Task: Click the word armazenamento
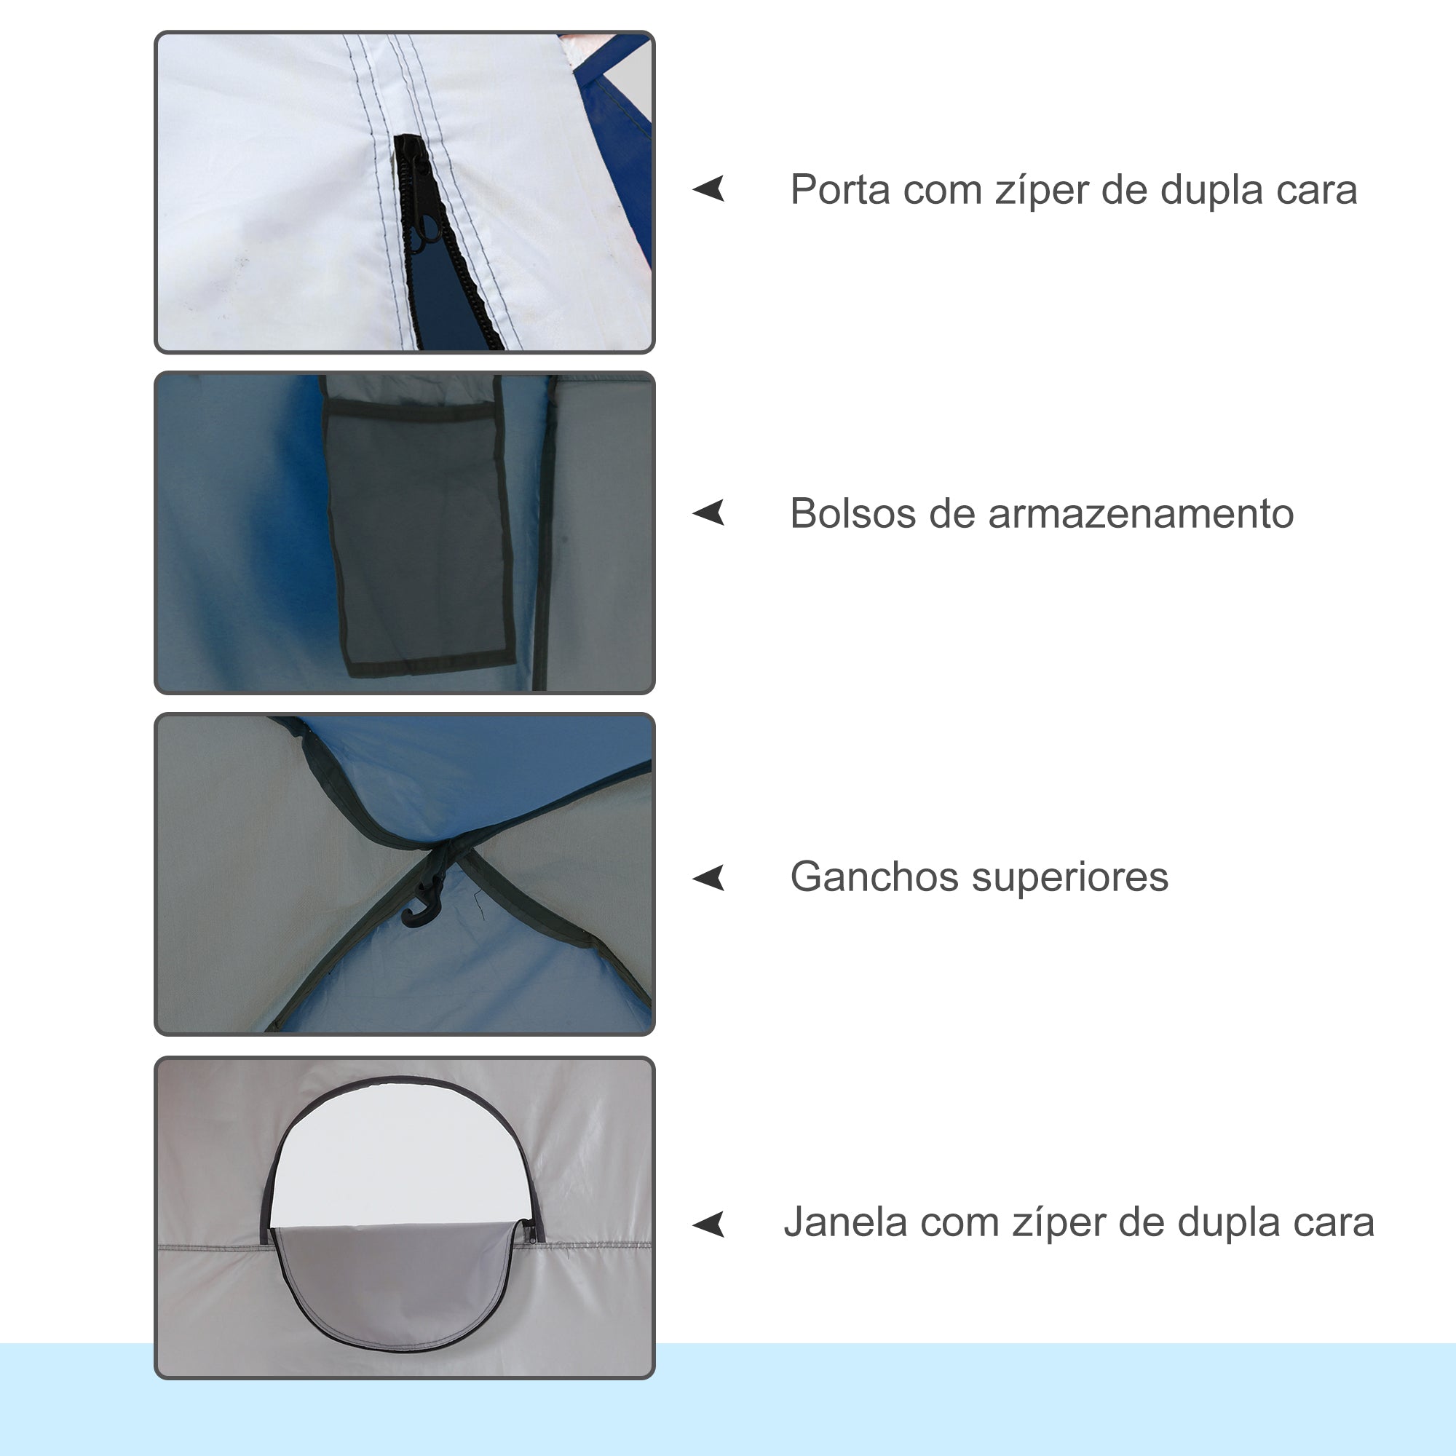click(1140, 514)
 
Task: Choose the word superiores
click(1070, 877)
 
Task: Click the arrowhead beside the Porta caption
click(710, 189)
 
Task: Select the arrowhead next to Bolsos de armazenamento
click(710, 513)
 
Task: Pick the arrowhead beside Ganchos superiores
click(710, 877)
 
